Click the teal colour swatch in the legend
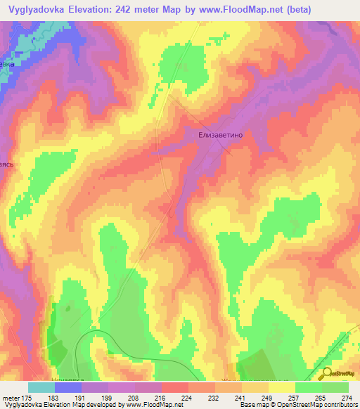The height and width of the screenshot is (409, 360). click(x=41, y=387)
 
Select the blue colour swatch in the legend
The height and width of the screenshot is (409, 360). click(x=68, y=387)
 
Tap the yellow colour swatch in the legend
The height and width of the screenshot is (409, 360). click(x=282, y=387)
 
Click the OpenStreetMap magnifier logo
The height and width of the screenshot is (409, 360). click(x=327, y=373)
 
